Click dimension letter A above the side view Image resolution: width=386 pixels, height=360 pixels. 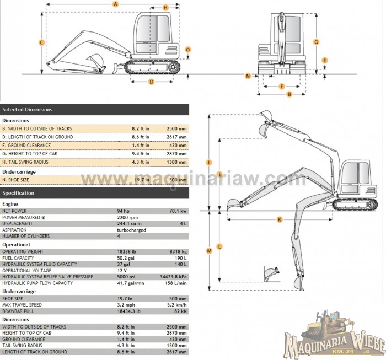pos(115,4)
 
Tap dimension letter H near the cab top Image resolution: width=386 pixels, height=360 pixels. pos(166,7)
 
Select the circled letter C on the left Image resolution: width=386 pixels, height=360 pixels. pos(42,42)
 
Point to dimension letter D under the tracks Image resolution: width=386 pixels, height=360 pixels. pos(152,82)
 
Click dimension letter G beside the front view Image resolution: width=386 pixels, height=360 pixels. pos(316,42)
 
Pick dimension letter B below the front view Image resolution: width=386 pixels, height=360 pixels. pos(288,94)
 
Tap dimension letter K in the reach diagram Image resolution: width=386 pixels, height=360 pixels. pos(280,219)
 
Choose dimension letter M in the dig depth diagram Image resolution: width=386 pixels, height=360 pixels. pos(209,251)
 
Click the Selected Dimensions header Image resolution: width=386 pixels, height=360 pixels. pos(28,110)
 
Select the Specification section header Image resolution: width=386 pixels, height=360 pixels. pos(18,193)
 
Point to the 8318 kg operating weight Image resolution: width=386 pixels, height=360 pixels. pos(176,251)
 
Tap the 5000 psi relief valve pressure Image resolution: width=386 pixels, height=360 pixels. pos(126,277)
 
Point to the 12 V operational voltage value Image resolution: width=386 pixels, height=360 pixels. pos(121,271)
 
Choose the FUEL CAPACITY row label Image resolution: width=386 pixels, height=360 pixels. pos(18,258)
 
